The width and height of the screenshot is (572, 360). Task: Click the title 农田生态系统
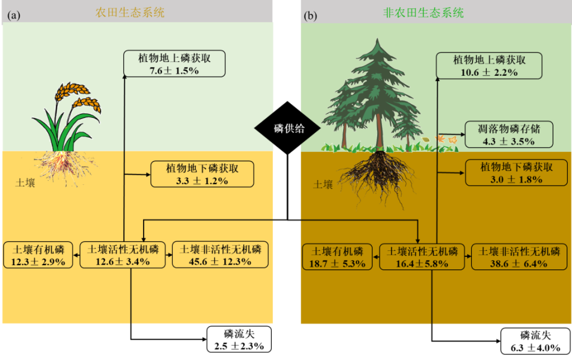tap(130, 12)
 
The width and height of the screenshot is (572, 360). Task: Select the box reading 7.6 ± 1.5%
tap(175, 64)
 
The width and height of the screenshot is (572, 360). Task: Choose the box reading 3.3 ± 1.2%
tap(202, 174)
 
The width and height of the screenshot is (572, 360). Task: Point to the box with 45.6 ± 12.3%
tap(220, 255)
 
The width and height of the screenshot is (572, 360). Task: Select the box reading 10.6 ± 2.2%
tap(489, 66)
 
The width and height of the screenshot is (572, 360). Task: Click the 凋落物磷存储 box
tap(508, 135)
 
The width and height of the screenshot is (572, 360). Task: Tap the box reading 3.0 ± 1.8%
tap(516, 173)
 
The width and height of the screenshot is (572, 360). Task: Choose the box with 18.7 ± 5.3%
tap(337, 257)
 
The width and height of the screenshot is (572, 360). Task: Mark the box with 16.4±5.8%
tap(422, 257)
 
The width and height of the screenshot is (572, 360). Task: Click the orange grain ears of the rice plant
tap(74, 95)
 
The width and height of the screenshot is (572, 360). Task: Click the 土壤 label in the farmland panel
tap(25, 182)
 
